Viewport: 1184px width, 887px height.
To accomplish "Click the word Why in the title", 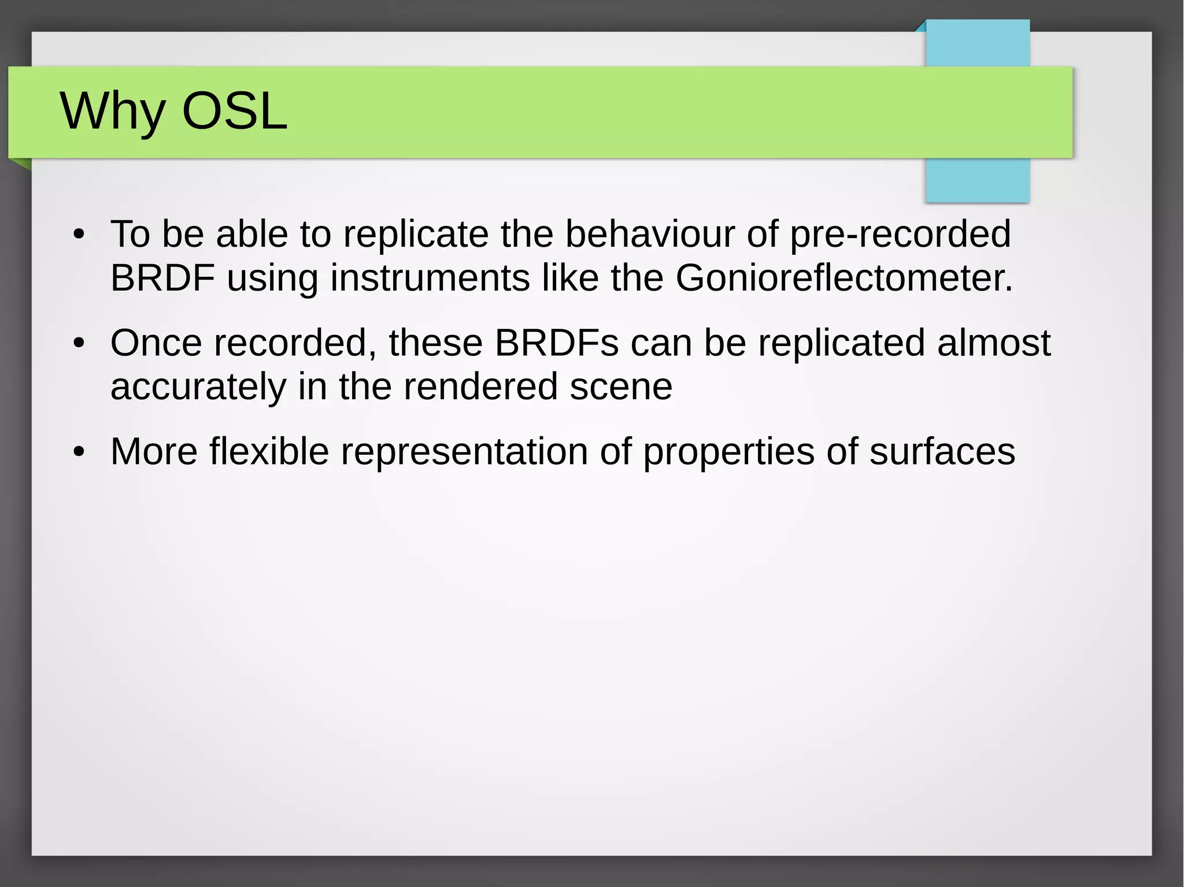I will point(113,111).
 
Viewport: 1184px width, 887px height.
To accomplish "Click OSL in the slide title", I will point(234,111).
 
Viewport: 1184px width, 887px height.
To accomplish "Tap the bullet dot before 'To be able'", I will point(79,235).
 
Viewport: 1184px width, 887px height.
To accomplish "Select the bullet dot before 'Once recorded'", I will point(79,344).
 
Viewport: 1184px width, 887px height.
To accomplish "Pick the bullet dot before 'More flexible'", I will point(79,452).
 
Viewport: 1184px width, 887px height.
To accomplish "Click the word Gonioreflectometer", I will point(843,278).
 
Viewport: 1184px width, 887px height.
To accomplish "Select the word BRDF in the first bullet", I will point(162,278).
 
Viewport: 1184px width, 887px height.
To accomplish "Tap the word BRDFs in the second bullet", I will point(556,343).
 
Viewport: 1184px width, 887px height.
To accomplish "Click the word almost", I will point(993,343).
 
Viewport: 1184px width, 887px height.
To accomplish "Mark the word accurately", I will point(198,387).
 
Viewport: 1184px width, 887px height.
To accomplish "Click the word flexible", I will point(269,451).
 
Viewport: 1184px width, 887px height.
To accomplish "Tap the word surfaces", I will point(942,451).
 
